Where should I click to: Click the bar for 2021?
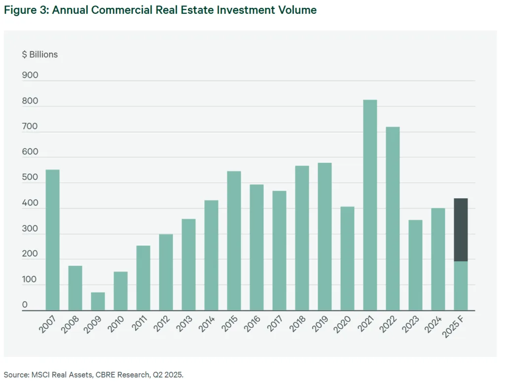point(370,205)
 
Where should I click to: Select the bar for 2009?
point(98,301)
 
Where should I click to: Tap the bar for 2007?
point(52,240)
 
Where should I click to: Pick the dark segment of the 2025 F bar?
point(461,230)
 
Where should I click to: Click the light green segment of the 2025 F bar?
point(461,286)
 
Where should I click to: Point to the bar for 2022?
point(393,218)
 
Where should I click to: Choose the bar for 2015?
point(234,241)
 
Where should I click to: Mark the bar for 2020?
point(347,258)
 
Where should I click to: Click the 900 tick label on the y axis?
point(30,75)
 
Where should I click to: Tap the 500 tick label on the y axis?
point(30,177)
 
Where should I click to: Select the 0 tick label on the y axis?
point(25,305)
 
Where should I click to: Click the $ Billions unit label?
point(39,54)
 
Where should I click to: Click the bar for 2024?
point(438,259)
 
